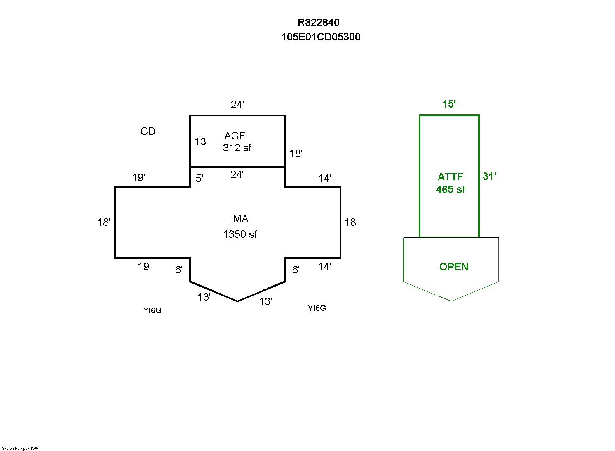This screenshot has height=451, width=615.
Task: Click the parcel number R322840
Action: (x=319, y=23)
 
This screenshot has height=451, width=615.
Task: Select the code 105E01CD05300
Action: (x=321, y=37)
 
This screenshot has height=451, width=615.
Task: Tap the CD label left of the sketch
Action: (x=148, y=132)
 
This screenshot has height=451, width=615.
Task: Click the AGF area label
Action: (x=235, y=136)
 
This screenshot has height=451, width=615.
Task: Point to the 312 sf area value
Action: (x=237, y=148)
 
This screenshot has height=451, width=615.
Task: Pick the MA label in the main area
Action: (x=241, y=219)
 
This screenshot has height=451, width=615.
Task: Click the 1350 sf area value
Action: (x=240, y=235)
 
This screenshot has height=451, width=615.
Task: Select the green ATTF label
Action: (x=451, y=177)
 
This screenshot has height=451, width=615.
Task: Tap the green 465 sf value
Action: (x=451, y=190)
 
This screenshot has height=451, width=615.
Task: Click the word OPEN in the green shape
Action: (x=454, y=267)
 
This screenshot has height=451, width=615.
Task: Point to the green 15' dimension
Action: (x=449, y=104)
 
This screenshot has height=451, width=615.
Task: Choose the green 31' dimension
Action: (x=489, y=176)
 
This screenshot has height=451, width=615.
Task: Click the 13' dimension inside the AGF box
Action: (x=201, y=142)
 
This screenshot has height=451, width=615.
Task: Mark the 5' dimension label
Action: (x=200, y=179)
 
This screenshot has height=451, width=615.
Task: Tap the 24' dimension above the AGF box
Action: (x=237, y=105)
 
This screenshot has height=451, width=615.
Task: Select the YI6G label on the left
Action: (x=153, y=311)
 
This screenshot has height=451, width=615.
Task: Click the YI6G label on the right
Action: (x=317, y=308)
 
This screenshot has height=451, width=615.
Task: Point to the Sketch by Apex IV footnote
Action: (x=20, y=449)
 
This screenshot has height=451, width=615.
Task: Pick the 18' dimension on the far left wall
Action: (x=104, y=223)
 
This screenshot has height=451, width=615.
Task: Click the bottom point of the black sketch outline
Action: (x=238, y=301)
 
